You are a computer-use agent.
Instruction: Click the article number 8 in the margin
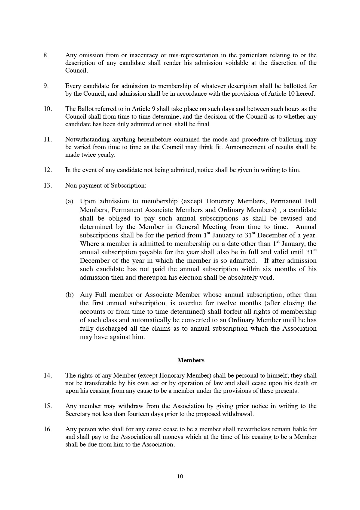(46, 55)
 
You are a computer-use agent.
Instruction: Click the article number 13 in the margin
(47, 186)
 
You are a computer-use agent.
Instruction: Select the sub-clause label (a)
(69, 201)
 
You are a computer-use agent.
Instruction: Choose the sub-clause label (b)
(69, 295)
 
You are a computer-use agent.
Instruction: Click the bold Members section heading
(191, 360)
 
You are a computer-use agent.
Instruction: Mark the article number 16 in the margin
(47, 429)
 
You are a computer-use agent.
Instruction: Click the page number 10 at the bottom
(180, 476)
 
